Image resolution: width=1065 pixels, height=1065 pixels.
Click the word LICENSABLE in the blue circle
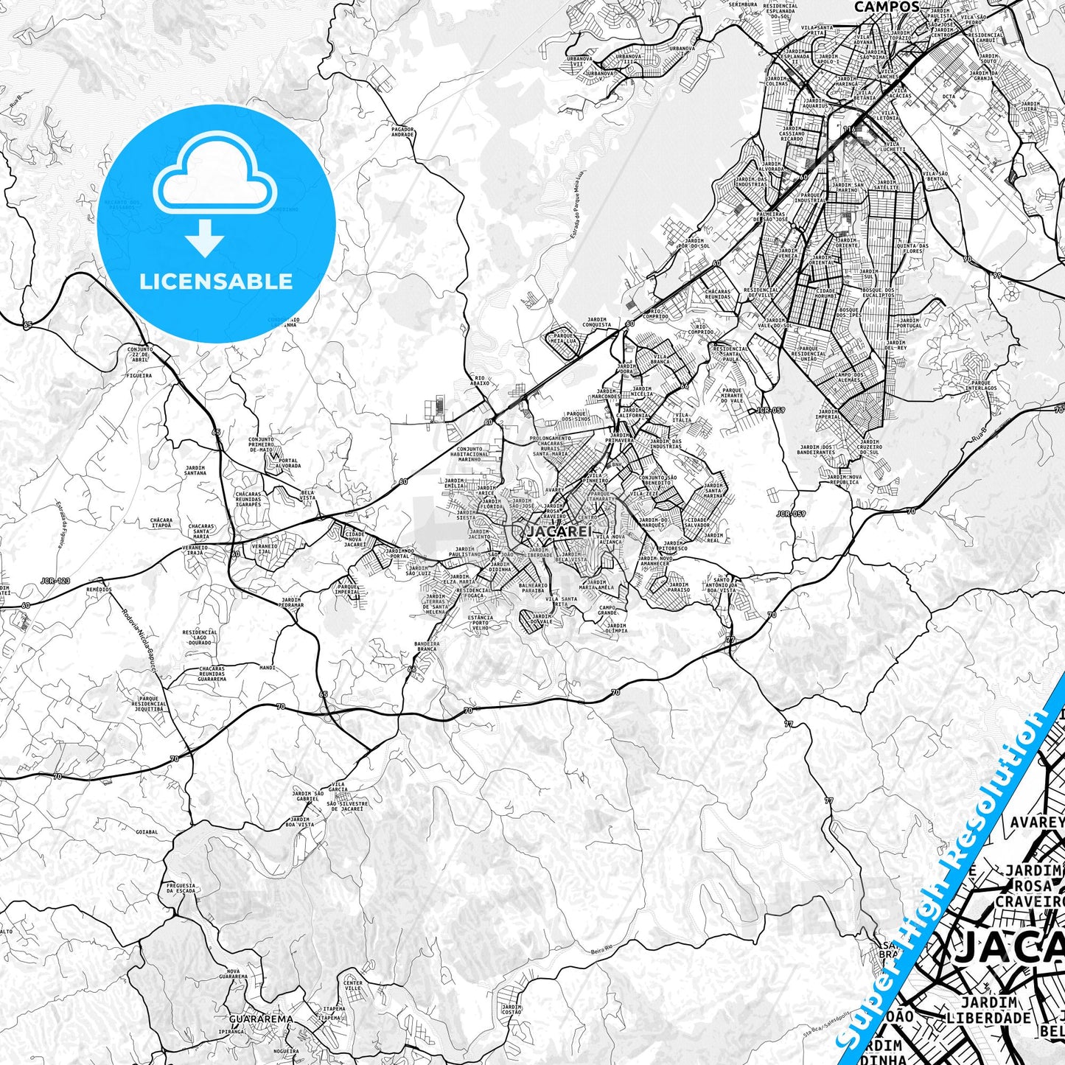click(216, 282)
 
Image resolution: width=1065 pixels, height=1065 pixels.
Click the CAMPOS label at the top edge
click(887, 7)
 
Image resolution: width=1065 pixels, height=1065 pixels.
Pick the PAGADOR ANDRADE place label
click(402, 132)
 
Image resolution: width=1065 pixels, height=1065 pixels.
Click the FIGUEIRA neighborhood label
click(139, 375)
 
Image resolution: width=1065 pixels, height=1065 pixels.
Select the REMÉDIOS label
click(99, 590)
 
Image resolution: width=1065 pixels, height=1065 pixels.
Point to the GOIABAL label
click(147, 832)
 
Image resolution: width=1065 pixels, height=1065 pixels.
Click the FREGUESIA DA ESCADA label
click(181, 888)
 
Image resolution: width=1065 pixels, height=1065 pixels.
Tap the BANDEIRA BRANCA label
click(426, 646)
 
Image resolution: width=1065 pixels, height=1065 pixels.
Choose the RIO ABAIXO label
click(480, 381)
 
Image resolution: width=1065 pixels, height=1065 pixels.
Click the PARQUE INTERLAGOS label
click(982, 385)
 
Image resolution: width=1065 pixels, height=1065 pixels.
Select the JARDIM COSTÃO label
click(511, 1009)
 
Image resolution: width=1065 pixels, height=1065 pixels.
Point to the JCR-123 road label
click(56, 581)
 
